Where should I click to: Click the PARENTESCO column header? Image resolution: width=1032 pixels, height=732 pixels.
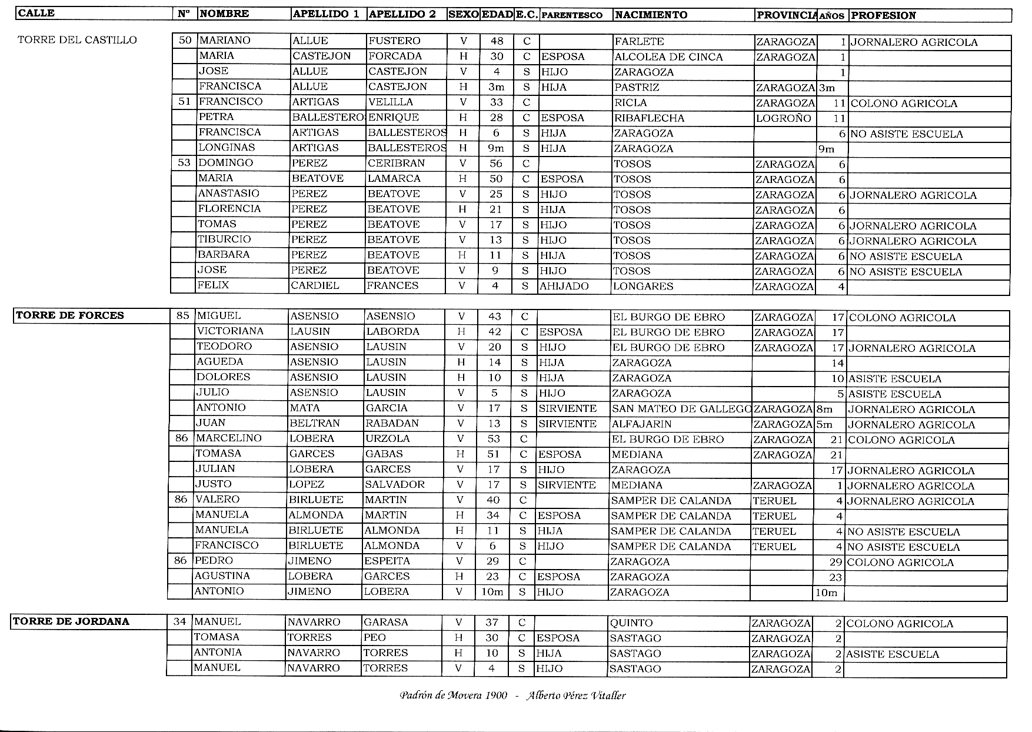click(x=571, y=15)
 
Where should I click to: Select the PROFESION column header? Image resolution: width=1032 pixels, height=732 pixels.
click(x=883, y=15)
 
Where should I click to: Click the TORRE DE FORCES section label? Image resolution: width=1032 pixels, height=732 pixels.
click(x=70, y=315)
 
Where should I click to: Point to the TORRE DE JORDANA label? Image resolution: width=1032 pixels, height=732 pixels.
click(x=71, y=621)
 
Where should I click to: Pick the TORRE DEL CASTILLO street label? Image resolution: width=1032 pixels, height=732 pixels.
click(x=77, y=40)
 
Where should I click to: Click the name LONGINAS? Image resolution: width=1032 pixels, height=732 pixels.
click(x=227, y=148)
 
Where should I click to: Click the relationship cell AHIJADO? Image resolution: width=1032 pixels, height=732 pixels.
click(x=564, y=287)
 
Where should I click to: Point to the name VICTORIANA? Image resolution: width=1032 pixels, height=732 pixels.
click(x=230, y=331)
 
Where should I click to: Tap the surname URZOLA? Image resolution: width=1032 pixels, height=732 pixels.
click(x=387, y=439)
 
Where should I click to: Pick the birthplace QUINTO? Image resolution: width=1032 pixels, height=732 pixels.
click(x=631, y=623)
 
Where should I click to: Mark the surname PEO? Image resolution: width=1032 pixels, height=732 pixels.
click(x=374, y=638)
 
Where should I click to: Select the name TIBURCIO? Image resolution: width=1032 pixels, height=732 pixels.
click(x=224, y=239)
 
